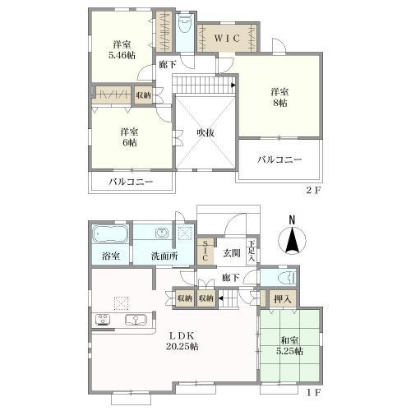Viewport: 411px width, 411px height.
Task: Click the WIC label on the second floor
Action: coord(227,38)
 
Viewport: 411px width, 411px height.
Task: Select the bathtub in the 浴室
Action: coord(110,234)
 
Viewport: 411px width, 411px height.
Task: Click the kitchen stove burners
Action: coord(103,320)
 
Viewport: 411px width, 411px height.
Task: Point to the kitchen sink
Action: coord(136,320)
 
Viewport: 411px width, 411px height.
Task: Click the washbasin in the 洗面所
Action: coord(162,233)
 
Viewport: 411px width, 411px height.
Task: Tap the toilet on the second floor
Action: coord(185,24)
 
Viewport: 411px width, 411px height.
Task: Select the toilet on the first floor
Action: coord(287,278)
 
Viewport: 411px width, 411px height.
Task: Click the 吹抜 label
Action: coord(205,133)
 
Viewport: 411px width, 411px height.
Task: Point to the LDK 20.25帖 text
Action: coord(182,341)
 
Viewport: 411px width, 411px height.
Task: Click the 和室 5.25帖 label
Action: coord(289,346)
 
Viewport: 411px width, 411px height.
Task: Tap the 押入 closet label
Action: coord(282,299)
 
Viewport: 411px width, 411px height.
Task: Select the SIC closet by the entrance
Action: coord(205,252)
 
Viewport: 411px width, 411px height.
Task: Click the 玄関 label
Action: coord(232,252)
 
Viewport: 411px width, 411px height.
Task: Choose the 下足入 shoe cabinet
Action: coord(252,251)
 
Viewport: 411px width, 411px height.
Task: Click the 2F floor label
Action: coord(313,191)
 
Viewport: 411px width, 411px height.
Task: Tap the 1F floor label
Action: coord(313,393)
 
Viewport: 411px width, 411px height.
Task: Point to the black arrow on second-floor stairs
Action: coord(233,85)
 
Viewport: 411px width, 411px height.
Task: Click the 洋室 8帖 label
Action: coord(279,97)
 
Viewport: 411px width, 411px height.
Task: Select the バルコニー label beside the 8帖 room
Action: coord(279,159)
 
